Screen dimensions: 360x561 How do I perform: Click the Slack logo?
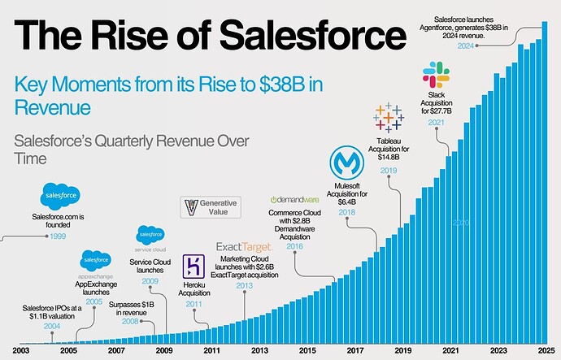click(436, 77)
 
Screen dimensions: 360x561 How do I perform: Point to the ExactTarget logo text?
click(243, 247)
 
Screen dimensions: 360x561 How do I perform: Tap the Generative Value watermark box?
click(211, 206)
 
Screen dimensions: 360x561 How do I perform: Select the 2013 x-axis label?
click(259, 350)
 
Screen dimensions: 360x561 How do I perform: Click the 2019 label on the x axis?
click(401, 350)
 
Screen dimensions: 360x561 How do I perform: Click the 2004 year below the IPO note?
click(52, 326)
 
